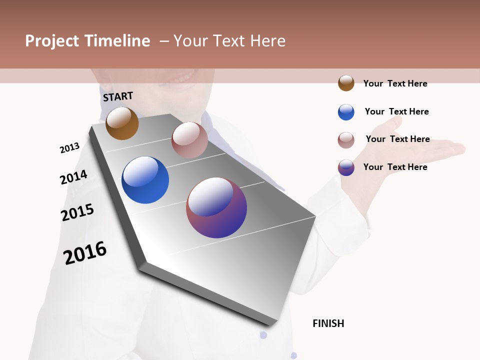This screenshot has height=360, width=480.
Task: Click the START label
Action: (x=118, y=96)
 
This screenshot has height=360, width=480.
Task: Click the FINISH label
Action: (x=328, y=323)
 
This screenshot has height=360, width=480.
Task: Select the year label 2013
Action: (x=69, y=148)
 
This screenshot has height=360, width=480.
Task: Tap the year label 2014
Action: (x=73, y=177)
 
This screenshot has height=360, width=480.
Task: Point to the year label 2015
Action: (x=77, y=212)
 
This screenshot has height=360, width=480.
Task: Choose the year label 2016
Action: (x=85, y=252)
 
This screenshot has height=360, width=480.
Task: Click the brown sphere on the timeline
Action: (x=122, y=123)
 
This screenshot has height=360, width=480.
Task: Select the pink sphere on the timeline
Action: (x=189, y=140)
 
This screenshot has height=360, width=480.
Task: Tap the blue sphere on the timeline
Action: (x=145, y=180)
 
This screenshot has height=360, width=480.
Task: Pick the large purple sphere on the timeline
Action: (x=216, y=207)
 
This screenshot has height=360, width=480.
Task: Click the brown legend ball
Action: (x=346, y=83)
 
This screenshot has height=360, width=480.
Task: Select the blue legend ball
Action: (x=346, y=112)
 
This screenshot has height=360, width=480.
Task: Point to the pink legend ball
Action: (x=346, y=140)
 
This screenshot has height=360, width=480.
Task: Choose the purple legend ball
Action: (x=346, y=167)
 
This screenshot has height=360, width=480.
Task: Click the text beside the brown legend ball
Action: (x=395, y=83)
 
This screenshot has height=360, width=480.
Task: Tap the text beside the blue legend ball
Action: (x=396, y=111)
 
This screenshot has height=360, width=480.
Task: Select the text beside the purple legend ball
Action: (x=395, y=167)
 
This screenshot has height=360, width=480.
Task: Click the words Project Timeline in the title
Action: (x=87, y=41)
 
